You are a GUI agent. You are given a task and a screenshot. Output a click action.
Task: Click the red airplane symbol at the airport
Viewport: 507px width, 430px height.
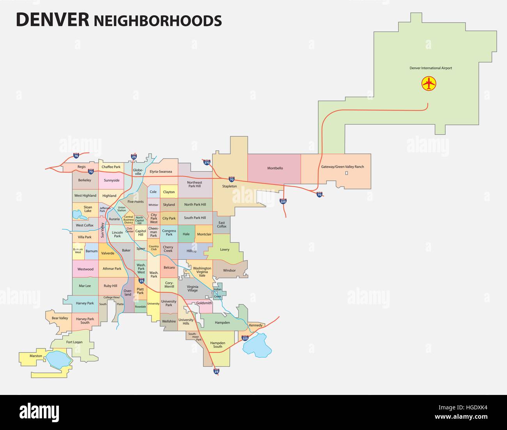click(429, 83)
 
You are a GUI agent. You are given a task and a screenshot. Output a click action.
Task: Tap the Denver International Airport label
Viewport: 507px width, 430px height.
click(431, 68)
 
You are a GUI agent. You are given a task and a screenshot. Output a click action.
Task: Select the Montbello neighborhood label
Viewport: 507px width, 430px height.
click(275, 168)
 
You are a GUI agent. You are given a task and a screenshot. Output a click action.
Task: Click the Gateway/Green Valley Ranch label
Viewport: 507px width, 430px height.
click(342, 167)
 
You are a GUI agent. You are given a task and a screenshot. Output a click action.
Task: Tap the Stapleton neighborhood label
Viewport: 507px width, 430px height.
click(229, 186)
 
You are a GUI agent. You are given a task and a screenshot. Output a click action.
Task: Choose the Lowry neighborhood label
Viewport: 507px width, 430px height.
click(225, 249)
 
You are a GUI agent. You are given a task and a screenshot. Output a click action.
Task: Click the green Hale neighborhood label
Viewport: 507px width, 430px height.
click(186, 234)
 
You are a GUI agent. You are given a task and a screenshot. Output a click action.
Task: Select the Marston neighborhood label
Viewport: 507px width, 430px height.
click(35, 356)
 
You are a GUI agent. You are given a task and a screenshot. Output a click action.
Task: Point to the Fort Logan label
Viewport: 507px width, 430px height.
click(74, 342)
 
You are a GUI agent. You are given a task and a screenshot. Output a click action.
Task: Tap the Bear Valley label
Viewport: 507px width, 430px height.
click(60, 318)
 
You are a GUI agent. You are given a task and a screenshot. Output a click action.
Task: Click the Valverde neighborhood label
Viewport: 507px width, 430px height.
click(108, 253)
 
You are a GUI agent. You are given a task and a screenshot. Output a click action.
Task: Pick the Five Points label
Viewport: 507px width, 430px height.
click(136, 202)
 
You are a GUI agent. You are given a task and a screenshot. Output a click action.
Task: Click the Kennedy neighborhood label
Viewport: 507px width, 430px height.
click(256, 325)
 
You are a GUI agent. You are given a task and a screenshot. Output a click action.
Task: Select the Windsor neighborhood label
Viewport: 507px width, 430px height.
click(229, 270)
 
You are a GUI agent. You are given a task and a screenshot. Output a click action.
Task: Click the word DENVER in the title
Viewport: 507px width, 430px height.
click(52, 20)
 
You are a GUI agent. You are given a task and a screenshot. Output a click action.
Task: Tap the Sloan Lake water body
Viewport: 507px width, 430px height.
click(77, 214)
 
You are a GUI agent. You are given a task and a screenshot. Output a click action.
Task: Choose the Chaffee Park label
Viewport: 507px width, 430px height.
click(111, 167)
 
